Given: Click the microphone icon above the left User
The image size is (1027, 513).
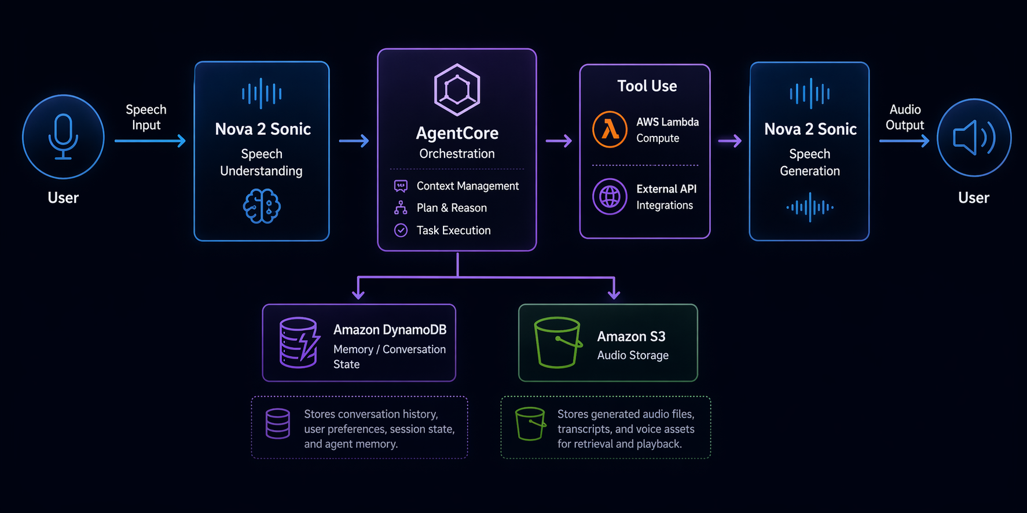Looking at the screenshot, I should click(x=63, y=137).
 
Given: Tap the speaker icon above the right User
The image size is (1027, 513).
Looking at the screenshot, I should click(x=974, y=138).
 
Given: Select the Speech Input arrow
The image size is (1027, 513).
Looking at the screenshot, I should click(x=150, y=141).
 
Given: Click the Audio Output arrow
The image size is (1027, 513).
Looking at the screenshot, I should click(x=904, y=141).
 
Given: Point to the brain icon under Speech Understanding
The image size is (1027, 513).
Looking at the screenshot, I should click(x=262, y=206).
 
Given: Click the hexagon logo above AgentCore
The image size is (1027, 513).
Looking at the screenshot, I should click(x=457, y=90).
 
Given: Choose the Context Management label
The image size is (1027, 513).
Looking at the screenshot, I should click(x=467, y=186).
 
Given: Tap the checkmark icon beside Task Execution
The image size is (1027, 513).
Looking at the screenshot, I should click(x=401, y=230).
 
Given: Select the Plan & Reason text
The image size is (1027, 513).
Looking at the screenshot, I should click(x=452, y=208).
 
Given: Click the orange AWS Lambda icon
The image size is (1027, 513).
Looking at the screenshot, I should click(x=610, y=130).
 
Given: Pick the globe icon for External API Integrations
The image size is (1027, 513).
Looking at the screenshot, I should click(x=610, y=197).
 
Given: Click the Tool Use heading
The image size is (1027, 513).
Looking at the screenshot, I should click(x=647, y=86).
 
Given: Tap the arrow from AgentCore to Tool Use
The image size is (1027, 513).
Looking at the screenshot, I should click(x=559, y=141).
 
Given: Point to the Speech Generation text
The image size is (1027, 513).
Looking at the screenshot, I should click(x=809, y=163).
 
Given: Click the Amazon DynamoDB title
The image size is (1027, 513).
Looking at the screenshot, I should click(x=390, y=330).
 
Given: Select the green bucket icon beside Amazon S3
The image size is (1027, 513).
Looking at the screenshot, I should click(x=557, y=342).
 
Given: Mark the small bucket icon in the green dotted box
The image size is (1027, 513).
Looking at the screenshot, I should click(x=530, y=423).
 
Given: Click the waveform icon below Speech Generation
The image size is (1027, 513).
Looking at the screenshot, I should click(x=810, y=207).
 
